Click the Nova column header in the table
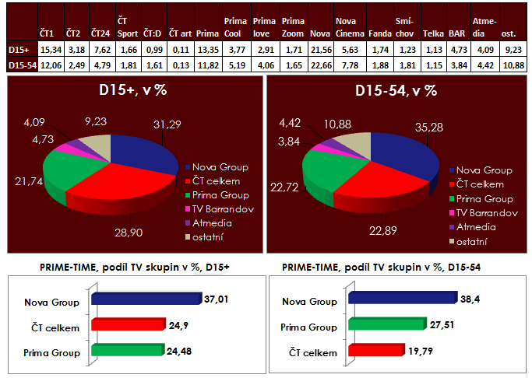point(319,34)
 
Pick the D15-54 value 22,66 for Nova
point(319,65)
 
